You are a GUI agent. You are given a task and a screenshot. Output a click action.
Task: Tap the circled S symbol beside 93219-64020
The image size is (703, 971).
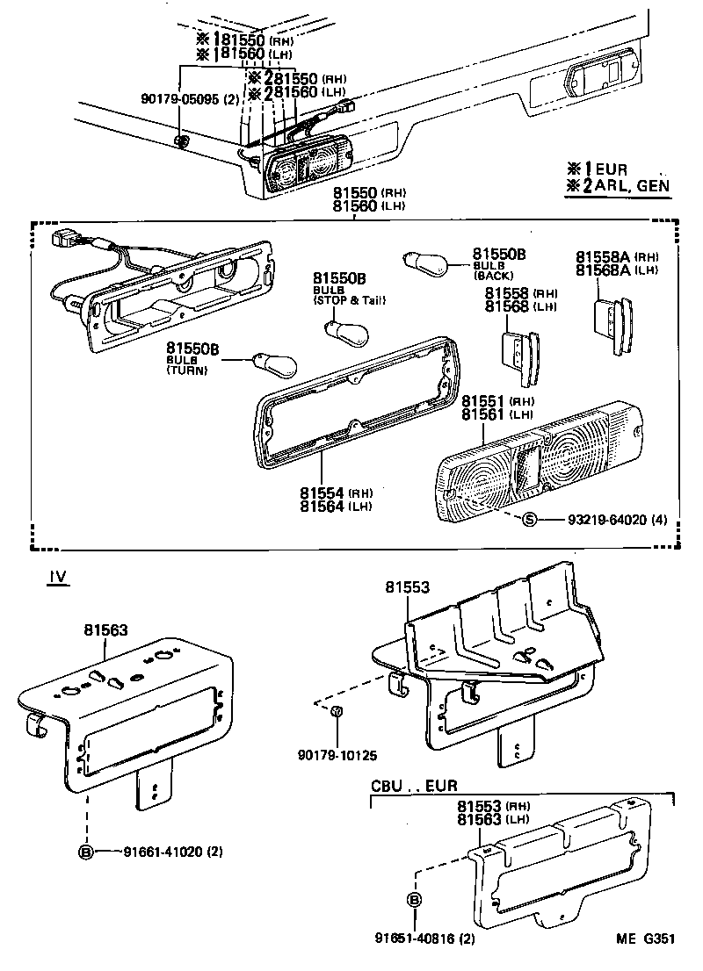(x=529, y=520)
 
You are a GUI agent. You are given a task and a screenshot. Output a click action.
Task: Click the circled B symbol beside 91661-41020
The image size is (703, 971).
(x=86, y=851)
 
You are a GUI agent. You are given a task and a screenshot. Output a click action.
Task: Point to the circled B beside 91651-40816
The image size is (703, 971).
(x=415, y=900)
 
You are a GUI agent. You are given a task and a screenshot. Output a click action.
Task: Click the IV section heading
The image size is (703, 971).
(x=57, y=577)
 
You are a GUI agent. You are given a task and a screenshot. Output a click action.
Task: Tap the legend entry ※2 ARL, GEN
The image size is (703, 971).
(x=618, y=186)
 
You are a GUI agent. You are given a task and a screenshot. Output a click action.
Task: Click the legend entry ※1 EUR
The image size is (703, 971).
(x=598, y=169)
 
